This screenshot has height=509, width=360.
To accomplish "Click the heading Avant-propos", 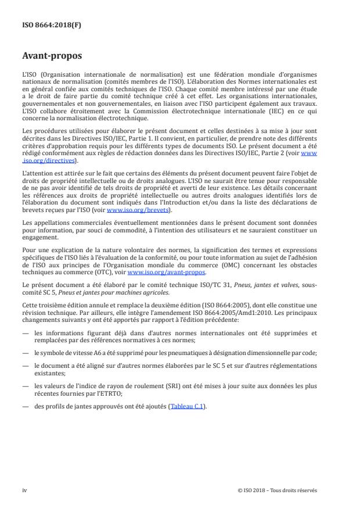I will [51, 57].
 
